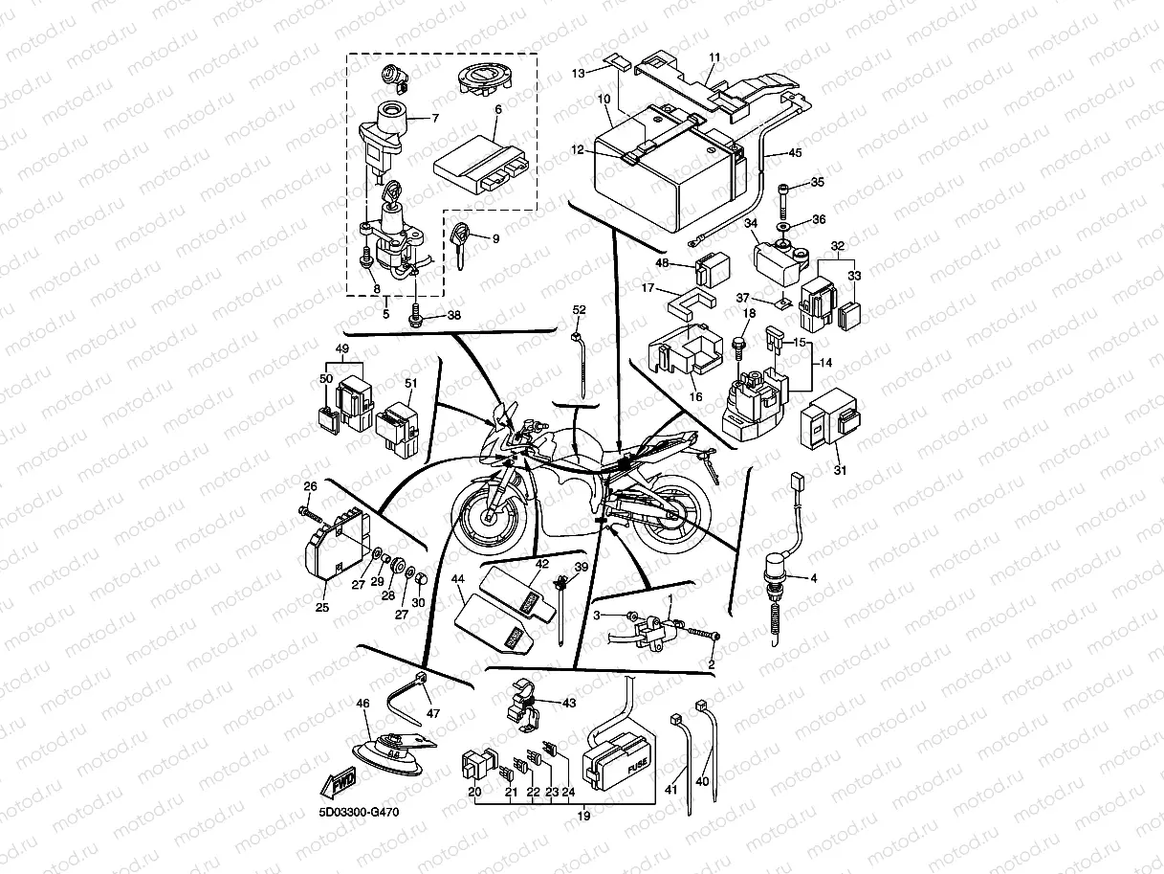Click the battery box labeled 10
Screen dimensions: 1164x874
[x=660, y=182]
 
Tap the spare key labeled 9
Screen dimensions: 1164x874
[x=463, y=241]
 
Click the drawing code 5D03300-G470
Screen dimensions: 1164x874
[x=360, y=813]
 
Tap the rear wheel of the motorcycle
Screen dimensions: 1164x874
[x=676, y=517]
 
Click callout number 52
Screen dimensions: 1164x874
[x=580, y=309]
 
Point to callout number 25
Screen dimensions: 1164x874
[x=321, y=607]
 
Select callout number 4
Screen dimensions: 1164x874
[x=814, y=577]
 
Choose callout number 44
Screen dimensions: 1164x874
[x=457, y=579]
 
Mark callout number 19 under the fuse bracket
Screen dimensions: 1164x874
[x=582, y=817]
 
